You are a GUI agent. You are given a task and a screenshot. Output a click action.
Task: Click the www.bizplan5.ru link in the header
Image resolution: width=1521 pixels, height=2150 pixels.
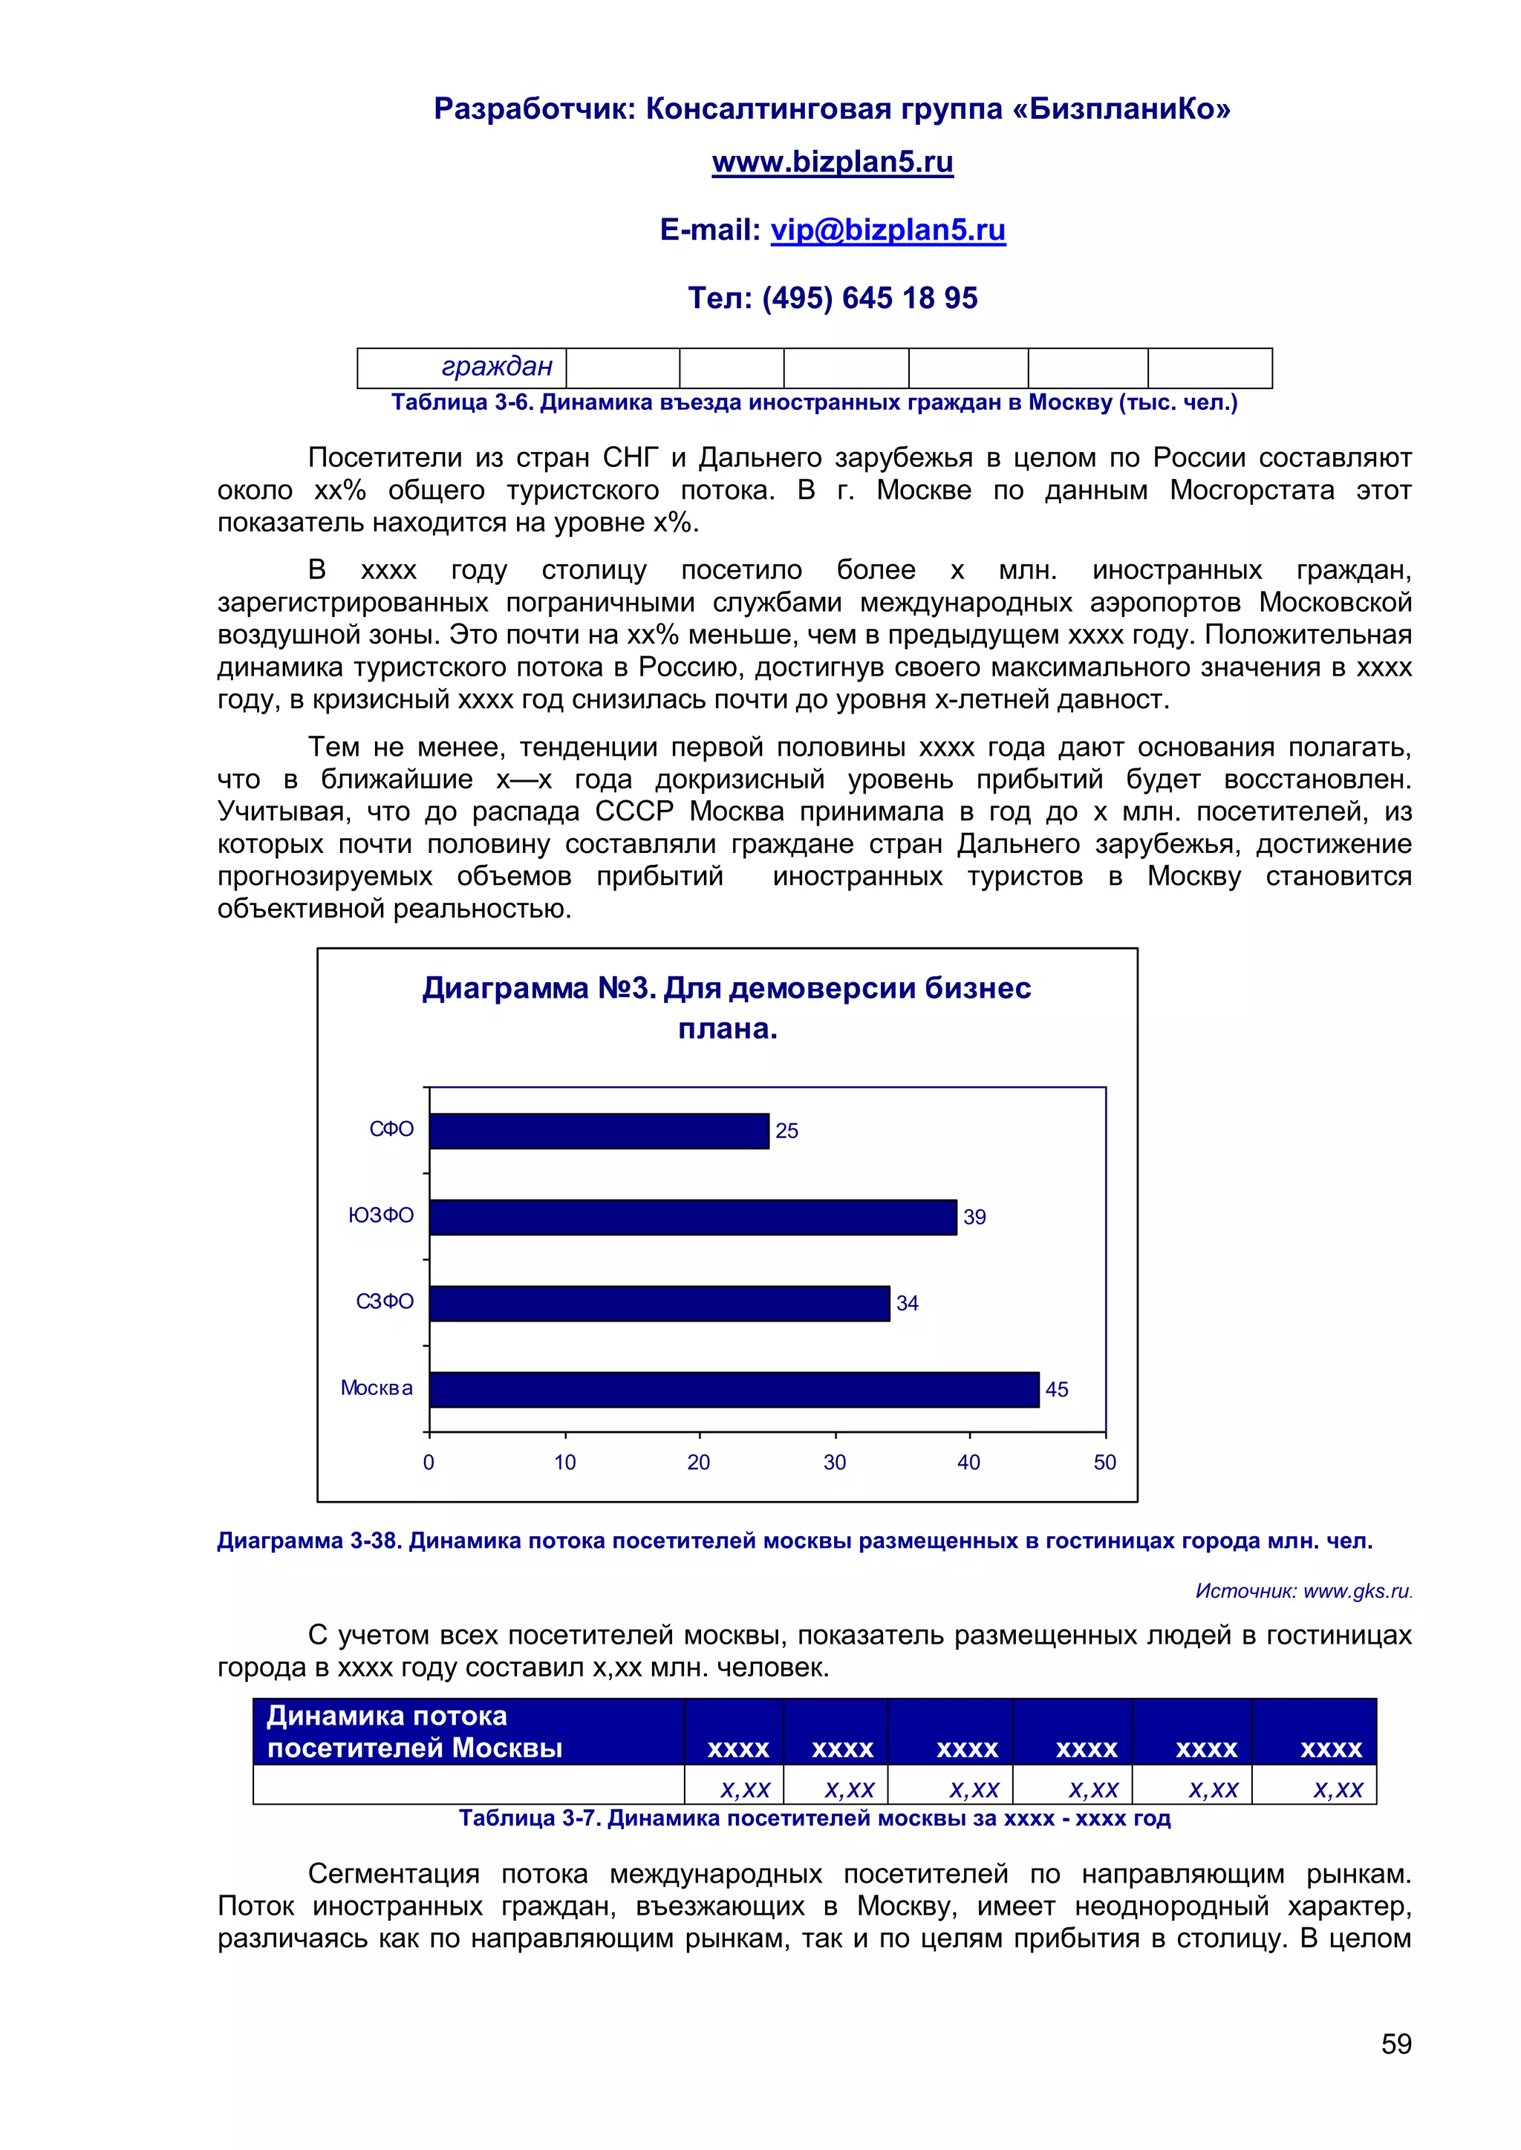point(832,162)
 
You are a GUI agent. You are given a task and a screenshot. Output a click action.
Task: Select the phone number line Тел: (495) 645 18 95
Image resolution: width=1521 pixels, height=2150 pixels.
point(832,298)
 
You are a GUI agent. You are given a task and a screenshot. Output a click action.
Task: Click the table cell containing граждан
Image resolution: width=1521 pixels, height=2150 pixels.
point(463,367)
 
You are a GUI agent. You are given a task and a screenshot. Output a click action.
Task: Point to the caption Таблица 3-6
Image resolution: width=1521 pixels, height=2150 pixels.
point(813,402)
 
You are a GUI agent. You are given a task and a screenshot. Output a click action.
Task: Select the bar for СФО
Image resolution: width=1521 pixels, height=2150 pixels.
point(599,1130)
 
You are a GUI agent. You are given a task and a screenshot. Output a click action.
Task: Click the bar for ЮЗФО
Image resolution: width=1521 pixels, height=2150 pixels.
point(693,1216)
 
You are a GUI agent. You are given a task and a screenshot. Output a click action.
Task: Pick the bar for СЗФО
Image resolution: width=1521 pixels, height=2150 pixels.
point(659,1303)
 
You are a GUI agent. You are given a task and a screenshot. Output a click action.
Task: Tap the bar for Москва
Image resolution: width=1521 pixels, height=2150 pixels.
point(735,1389)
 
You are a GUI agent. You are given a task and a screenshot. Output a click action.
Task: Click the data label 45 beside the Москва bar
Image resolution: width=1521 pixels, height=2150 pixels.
point(1057,1390)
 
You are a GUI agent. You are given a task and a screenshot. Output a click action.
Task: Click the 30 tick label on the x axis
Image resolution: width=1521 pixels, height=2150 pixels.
point(835,1463)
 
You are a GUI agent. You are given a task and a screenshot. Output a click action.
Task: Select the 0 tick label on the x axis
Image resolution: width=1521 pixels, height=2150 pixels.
point(429,1463)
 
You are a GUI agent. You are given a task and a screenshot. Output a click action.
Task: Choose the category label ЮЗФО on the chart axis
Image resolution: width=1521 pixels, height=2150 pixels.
point(381,1215)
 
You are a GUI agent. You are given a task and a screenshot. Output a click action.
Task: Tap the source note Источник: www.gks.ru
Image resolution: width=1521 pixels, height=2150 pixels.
point(1303,1591)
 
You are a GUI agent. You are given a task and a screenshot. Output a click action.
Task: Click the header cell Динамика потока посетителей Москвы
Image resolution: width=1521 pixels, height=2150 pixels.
point(469,1731)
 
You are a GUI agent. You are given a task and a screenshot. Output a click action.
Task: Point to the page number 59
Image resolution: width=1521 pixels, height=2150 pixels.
point(1395,2043)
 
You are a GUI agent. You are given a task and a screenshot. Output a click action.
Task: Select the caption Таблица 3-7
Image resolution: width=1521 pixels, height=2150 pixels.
point(813,1818)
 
